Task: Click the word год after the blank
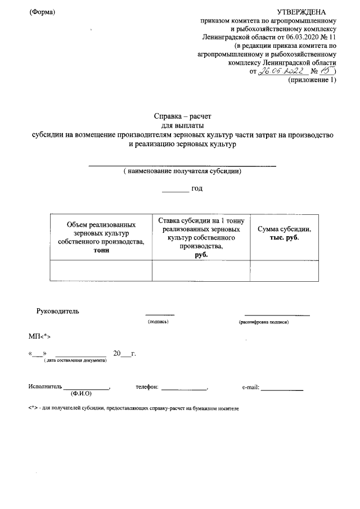coord(197,188)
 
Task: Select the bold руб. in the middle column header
coord(201,254)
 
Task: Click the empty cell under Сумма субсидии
coord(285,270)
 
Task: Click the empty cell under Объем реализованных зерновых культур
coord(101,270)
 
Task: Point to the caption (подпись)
coord(159,322)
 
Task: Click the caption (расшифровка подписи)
coord(263,322)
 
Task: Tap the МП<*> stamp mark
coord(40,336)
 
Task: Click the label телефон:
coord(148,387)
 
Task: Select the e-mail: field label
coord(250,387)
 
